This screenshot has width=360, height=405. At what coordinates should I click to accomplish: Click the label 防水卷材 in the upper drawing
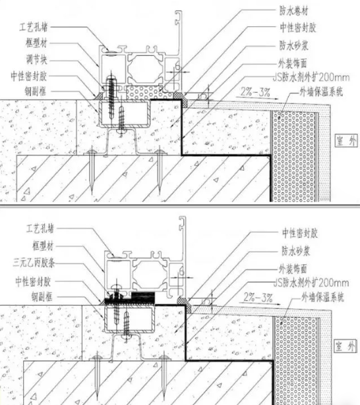click(x=294, y=11)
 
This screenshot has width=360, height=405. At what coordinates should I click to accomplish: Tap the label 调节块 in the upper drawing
click(x=36, y=59)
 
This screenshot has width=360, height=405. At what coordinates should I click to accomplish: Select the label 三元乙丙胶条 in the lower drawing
click(x=34, y=263)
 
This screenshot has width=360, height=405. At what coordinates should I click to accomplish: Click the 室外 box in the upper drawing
click(x=345, y=141)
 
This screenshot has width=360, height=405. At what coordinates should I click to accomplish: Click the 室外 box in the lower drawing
click(x=345, y=346)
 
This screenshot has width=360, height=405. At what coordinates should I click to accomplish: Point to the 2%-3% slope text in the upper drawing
click(x=255, y=92)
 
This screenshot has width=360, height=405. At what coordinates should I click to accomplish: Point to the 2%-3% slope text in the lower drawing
click(x=258, y=297)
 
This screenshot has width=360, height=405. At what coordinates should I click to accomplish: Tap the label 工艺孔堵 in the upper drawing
click(x=34, y=27)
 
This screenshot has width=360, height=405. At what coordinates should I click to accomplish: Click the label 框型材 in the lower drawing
click(x=43, y=246)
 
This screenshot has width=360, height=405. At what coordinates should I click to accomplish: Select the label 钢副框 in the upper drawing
click(x=35, y=91)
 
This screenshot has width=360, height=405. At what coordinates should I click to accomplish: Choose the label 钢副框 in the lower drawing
click(x=42, y=296)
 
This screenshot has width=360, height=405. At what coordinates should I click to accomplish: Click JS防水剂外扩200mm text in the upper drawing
click(x=311, y=77)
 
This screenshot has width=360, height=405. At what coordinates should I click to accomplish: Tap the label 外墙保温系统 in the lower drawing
click(x=322, y=298)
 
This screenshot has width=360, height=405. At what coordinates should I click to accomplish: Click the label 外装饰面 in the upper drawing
click(x=293, y=63)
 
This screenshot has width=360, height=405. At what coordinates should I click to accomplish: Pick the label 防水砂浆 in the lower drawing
click(x=295, y=251)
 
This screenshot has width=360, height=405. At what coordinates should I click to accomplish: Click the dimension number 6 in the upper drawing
click(x=177, y=67)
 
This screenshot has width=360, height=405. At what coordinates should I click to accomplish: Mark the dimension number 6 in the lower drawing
click(x=181, y=271)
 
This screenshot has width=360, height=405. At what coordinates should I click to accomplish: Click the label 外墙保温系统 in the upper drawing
click(x=321, y=92)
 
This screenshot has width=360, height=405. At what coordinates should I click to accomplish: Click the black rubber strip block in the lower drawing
click(x=143, y=298)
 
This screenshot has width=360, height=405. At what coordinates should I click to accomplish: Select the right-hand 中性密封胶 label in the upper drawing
click(x=298, y=28)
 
